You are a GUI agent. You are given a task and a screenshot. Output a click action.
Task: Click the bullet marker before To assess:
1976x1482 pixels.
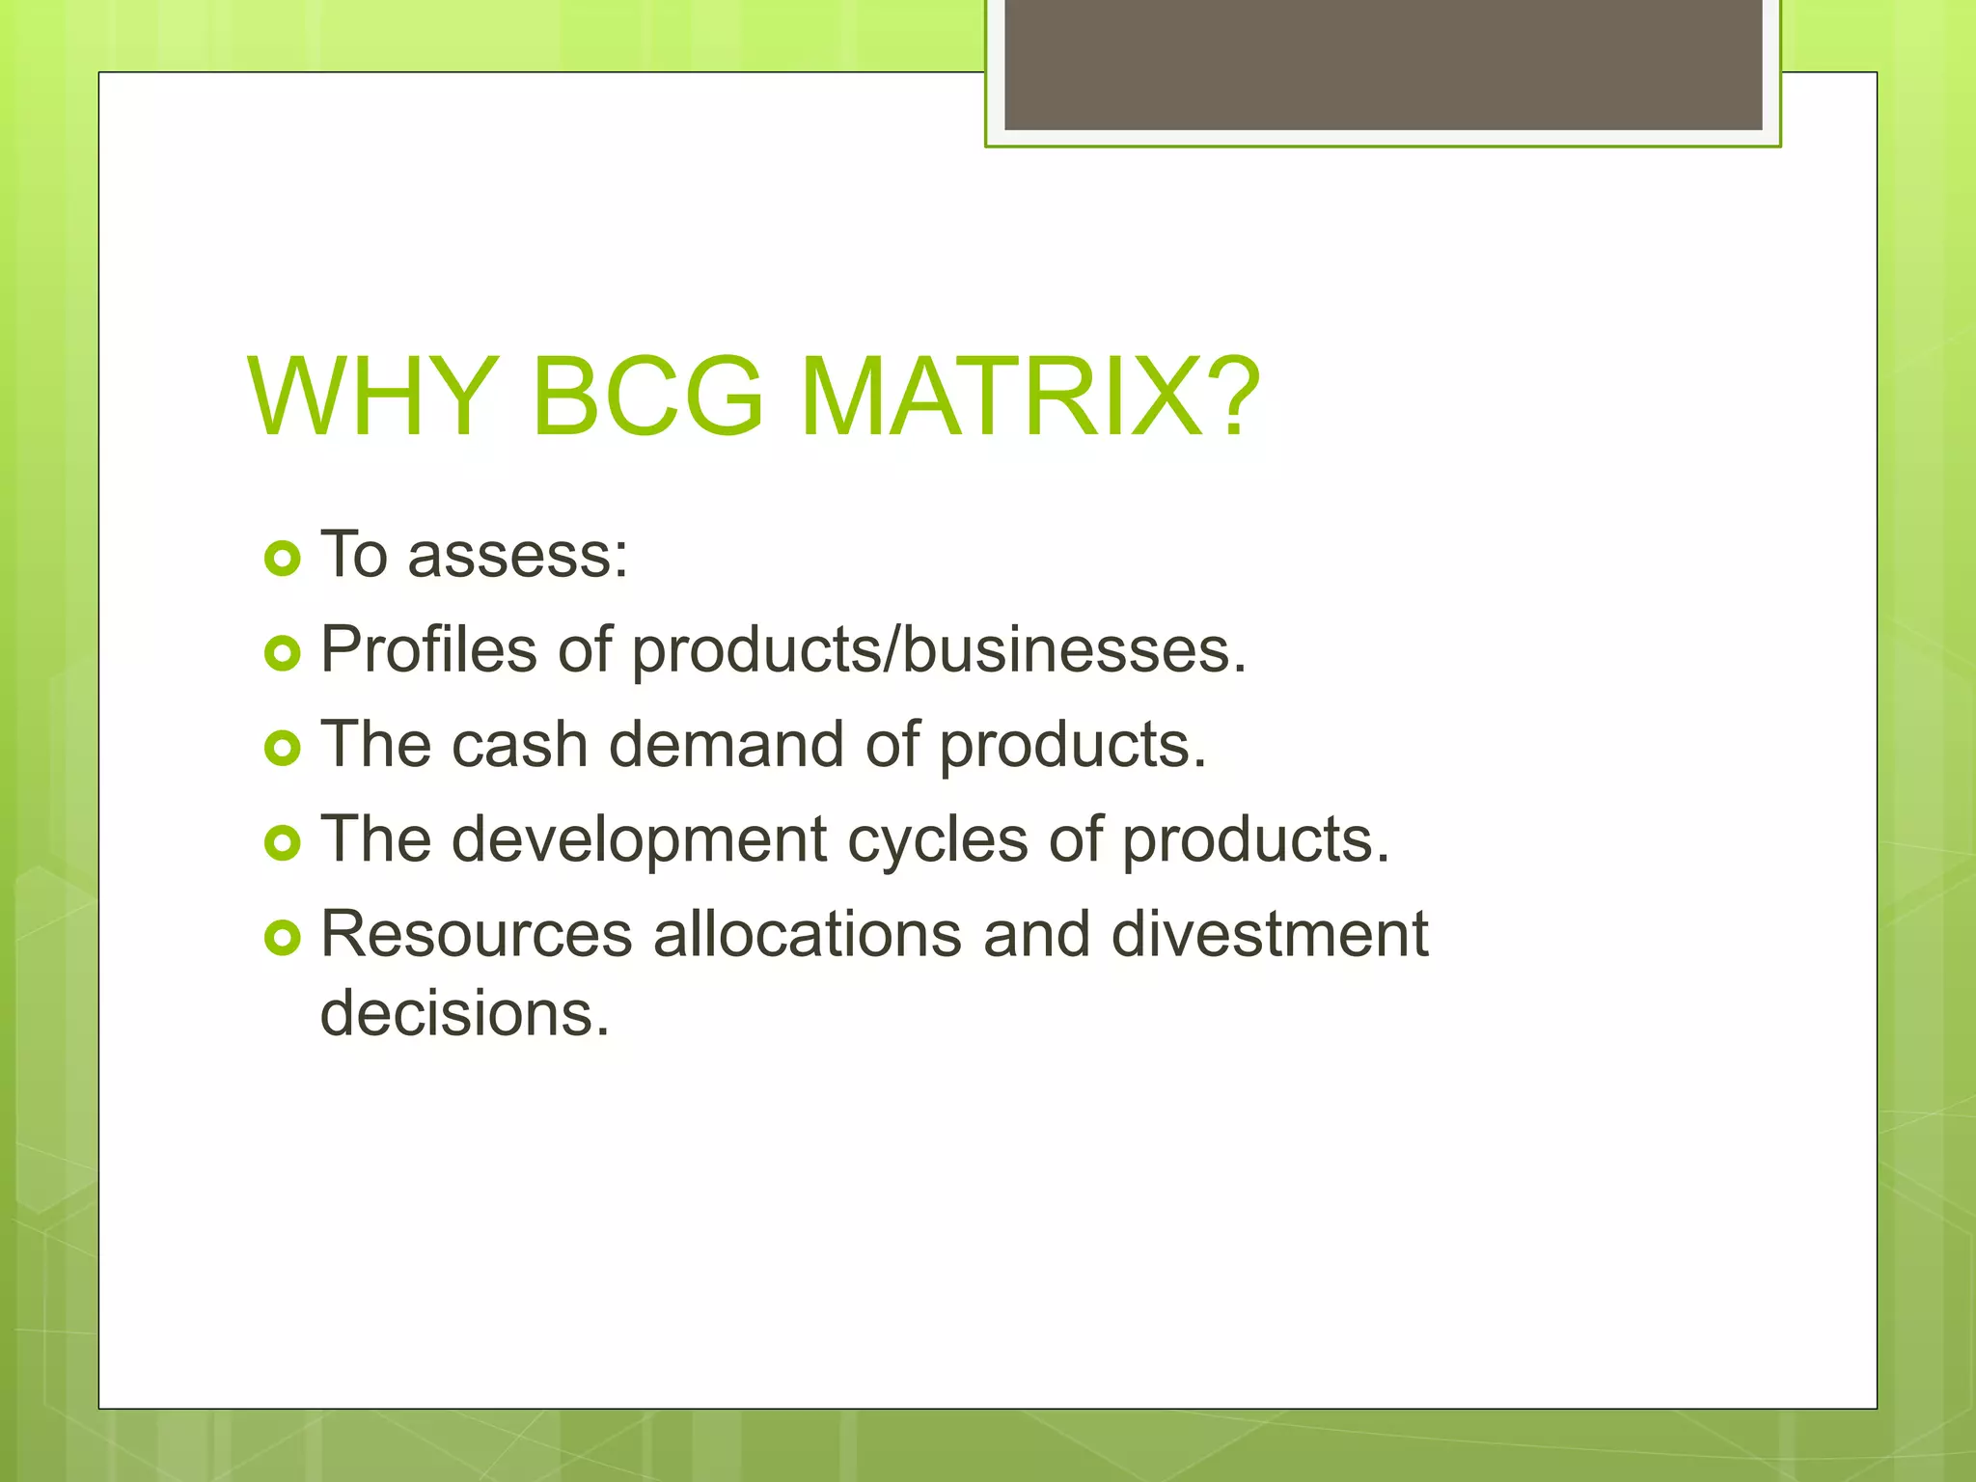[x=283, y=558]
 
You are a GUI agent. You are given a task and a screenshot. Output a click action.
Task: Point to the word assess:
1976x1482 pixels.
[x=518, y=556]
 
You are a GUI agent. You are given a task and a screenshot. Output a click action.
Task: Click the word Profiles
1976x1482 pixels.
[x=427, y=648]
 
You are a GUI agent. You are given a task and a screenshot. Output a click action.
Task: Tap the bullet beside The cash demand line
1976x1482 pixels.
[x=283, y=748]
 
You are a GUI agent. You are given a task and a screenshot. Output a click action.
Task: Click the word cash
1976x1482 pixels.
[x=519, y=745]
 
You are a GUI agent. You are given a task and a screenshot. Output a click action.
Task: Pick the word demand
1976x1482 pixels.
[x=727, y=745]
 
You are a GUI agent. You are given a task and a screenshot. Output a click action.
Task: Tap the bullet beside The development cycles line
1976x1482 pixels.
[x=283, y=842]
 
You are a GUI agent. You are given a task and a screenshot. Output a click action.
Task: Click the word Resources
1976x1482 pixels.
[x=477, y=934]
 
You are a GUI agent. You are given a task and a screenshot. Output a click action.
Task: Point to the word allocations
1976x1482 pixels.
[x=808, y=934]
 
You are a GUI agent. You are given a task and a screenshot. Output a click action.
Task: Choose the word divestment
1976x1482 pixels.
[x=1269, y=934]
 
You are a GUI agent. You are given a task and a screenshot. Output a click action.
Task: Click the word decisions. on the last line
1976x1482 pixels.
[x=465, y=1013]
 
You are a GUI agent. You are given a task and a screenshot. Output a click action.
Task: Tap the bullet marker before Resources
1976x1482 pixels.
[x=283, y=937]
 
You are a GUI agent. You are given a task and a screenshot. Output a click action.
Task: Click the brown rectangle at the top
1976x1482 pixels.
[x=1383, y=64]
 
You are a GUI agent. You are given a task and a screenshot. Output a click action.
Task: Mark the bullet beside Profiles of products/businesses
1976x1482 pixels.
[x=283, y=653]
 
